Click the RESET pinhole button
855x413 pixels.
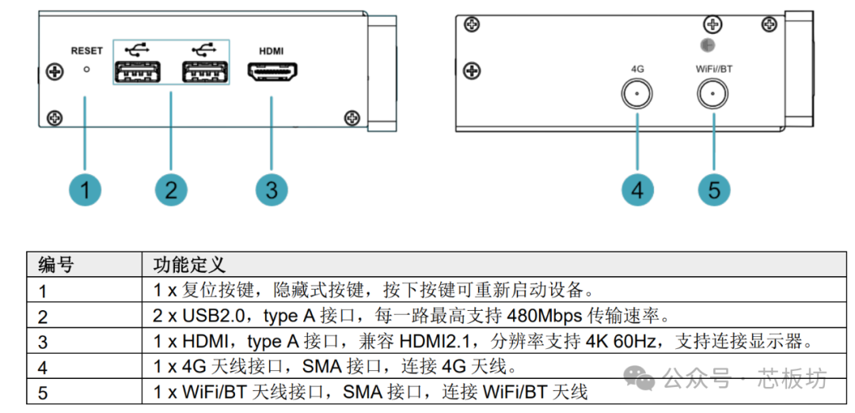[85, 70]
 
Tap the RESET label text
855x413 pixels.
[86, 51]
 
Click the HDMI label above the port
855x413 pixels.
[271, 51]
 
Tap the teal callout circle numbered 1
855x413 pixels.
[85, 190]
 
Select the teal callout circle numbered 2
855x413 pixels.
[171, 190]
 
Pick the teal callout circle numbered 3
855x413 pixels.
[272, 190]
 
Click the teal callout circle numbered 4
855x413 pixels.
[637, 190]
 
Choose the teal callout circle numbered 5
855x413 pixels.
[714, 190]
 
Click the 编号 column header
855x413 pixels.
[55, 265]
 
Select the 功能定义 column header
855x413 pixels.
[189, 265]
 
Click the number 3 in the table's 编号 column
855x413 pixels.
[43, 342]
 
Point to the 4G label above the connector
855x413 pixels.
[637, 69]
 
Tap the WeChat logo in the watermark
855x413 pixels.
[639, 377]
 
